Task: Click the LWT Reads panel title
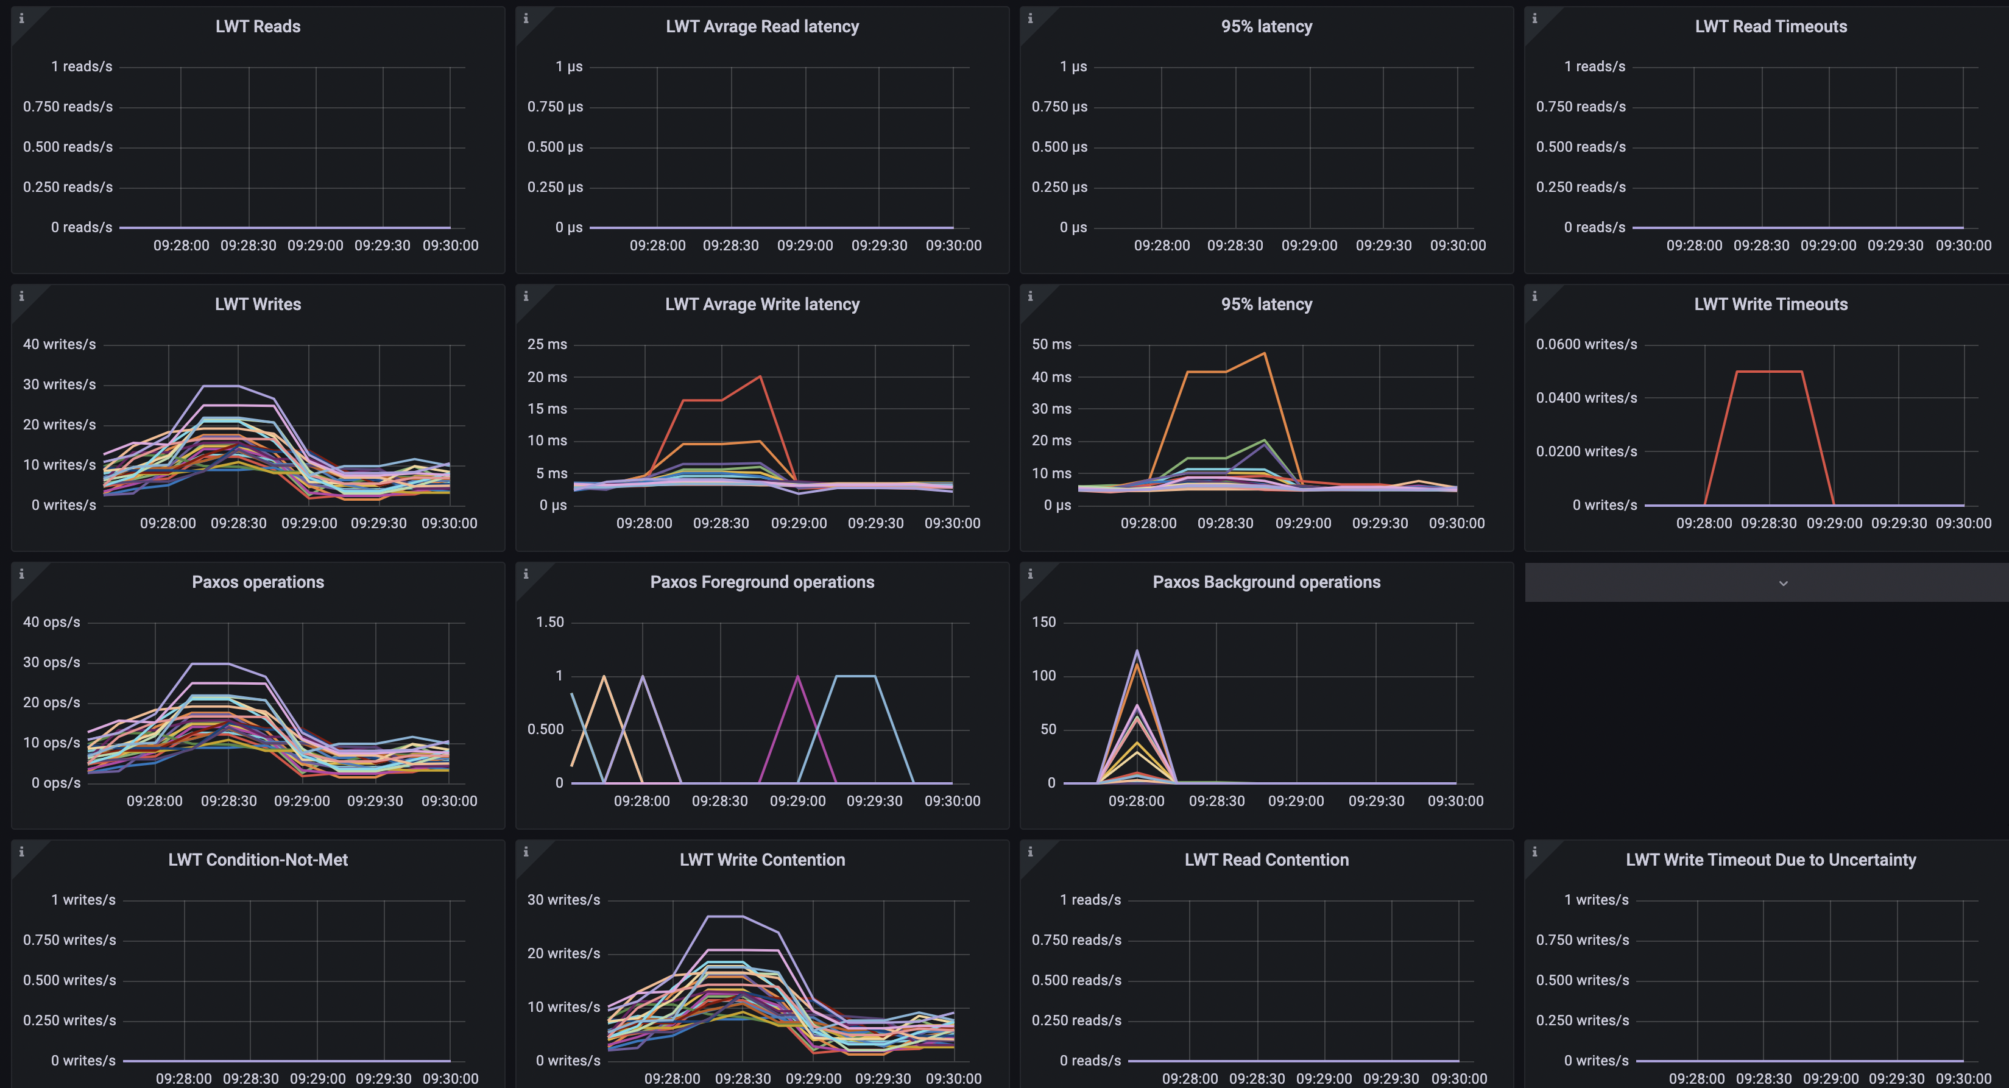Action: pyautogui.click(x=257, y=27)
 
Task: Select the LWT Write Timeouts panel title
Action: pyautogui.click(x=1770, y=304)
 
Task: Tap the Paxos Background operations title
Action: pyautogui.click(x=1266, y=582)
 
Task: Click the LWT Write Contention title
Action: pyautogui.click(x=762, y=860)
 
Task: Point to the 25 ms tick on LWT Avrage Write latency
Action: pyautogui.click(x=546, y=344)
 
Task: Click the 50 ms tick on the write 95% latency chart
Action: pyautogui.click(x=1051, y=344)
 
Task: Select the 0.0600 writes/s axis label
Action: pyautogui.click(x=1586, y=344)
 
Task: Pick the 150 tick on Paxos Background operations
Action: pyautogui.click(x=1043, y=621)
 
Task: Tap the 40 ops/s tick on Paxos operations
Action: pyautogui.click(x=51, y=621)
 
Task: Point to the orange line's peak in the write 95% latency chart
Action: pyautogui.click(x=1264, y=354)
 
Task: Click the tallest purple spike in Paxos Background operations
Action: pyautogui.click(x=1136, y=651)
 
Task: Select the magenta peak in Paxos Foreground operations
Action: pyautogui.click(x=797, y=676)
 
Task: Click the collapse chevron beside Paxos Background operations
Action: pyautogui.click(x=1783, y=584)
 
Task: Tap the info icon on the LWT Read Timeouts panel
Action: pyautogui.click(x=1534, y=18)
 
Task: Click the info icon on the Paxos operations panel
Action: pyautogui.click(x=21, y=574)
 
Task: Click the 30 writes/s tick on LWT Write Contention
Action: pyautogui.click(x=563, y=899)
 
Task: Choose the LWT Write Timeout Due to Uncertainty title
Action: pyautogui.click(x=1770, y=860)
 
